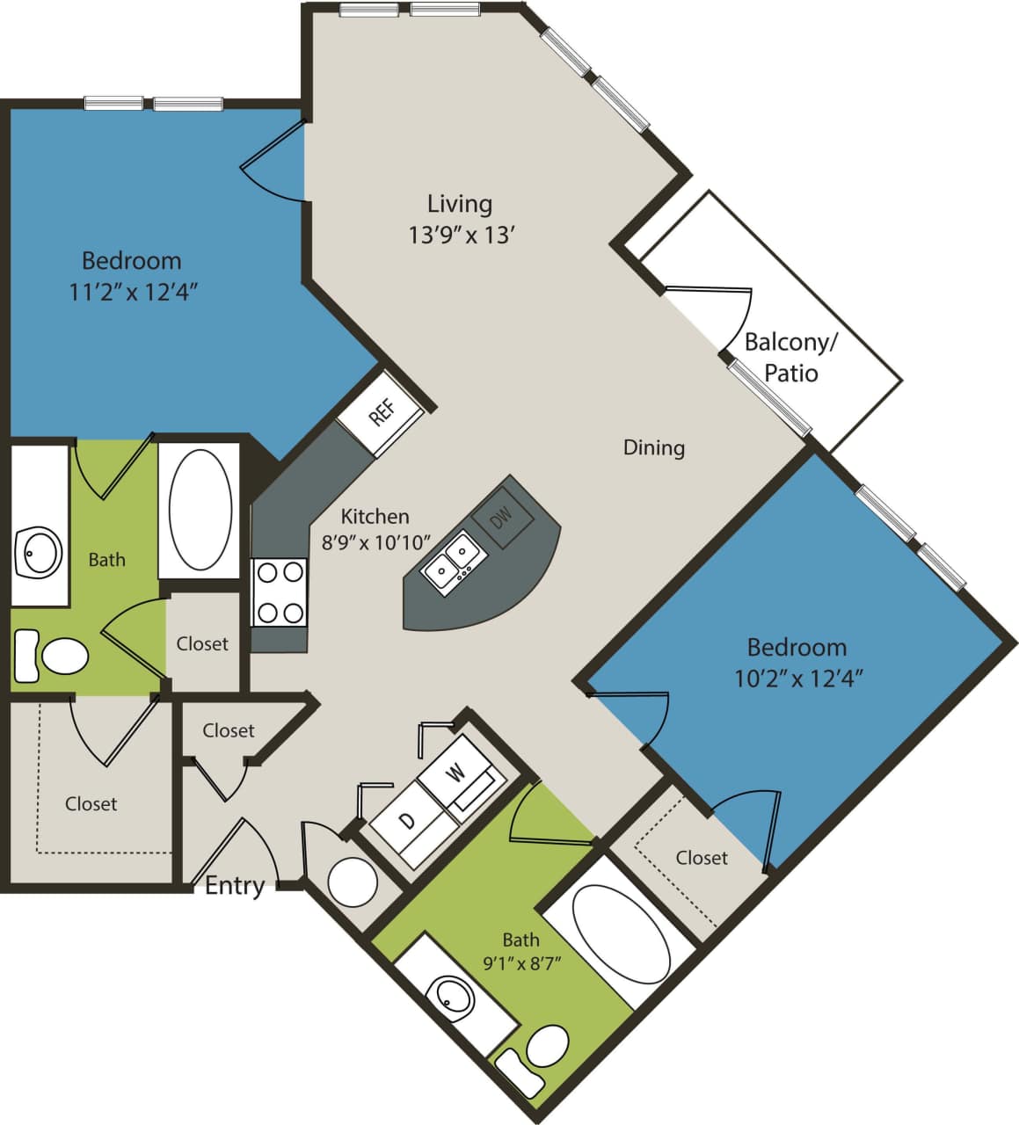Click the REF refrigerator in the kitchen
click(x=381, y=412)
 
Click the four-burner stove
click(x=280, y=592)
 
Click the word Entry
click(x=234, y=885)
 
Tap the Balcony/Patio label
click(x=790, y=357)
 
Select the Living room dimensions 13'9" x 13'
click(x=461, y=236)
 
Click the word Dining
click(x=653, y=447)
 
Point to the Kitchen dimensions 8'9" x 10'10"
click(x=375, y=542)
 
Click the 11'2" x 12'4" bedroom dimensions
click(x=132, y=292)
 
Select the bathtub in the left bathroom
click(x=200, y=511)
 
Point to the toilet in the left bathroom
click(x=53, y=656)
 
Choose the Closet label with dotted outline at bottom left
click(x=91, y=803)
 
